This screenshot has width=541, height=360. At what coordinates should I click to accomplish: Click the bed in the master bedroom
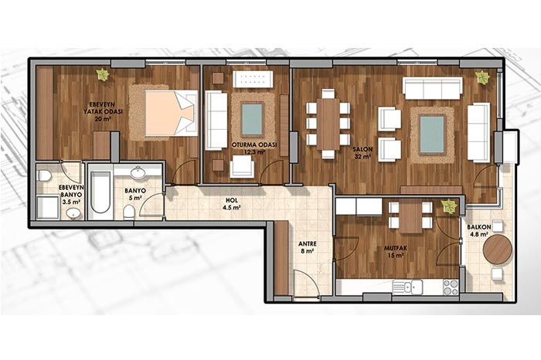click(171, 113)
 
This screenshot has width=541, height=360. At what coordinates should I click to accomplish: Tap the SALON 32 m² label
click(362, 153)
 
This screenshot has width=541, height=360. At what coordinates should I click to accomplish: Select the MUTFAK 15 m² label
click(394, 252)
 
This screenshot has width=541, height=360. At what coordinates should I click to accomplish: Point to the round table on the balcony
click(498, 250)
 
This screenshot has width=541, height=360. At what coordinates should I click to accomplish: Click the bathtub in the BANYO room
click(100, 192)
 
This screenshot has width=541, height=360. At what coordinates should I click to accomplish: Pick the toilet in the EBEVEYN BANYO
click(44, 176)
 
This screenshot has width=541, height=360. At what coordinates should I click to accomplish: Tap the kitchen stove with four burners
click(451, 287)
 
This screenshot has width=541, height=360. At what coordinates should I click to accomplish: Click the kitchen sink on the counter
click(407, 287)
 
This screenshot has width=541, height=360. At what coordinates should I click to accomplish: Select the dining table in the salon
click(328, 124)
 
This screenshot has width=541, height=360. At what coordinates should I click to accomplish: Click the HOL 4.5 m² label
click(232, 204)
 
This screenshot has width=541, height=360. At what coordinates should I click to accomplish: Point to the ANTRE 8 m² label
click(308, 247)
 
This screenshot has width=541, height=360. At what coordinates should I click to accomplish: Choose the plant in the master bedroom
click(103, 74)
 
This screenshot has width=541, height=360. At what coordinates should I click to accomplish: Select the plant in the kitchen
click(449, 206)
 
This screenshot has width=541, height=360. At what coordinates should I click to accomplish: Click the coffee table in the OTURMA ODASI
click(252, 120)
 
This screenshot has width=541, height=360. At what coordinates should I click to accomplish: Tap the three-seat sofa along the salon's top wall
click(433, 88)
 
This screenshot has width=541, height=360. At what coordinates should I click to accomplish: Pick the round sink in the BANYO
click(138, 173)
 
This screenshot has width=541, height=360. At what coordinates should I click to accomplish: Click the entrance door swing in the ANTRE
click(306, 283)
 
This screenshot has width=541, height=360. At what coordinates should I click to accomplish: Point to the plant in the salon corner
click(481, 77)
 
